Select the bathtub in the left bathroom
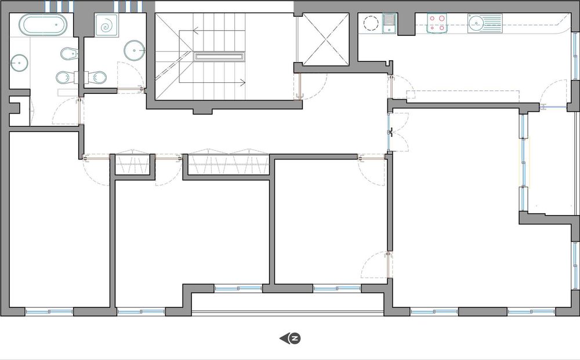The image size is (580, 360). tap(44, 26)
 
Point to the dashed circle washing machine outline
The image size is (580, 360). tap(370, 24)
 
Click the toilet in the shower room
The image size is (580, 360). tap(96, 77)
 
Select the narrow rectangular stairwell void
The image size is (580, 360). tap(219, 57)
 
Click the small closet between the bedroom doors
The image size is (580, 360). tap(133, 165)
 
